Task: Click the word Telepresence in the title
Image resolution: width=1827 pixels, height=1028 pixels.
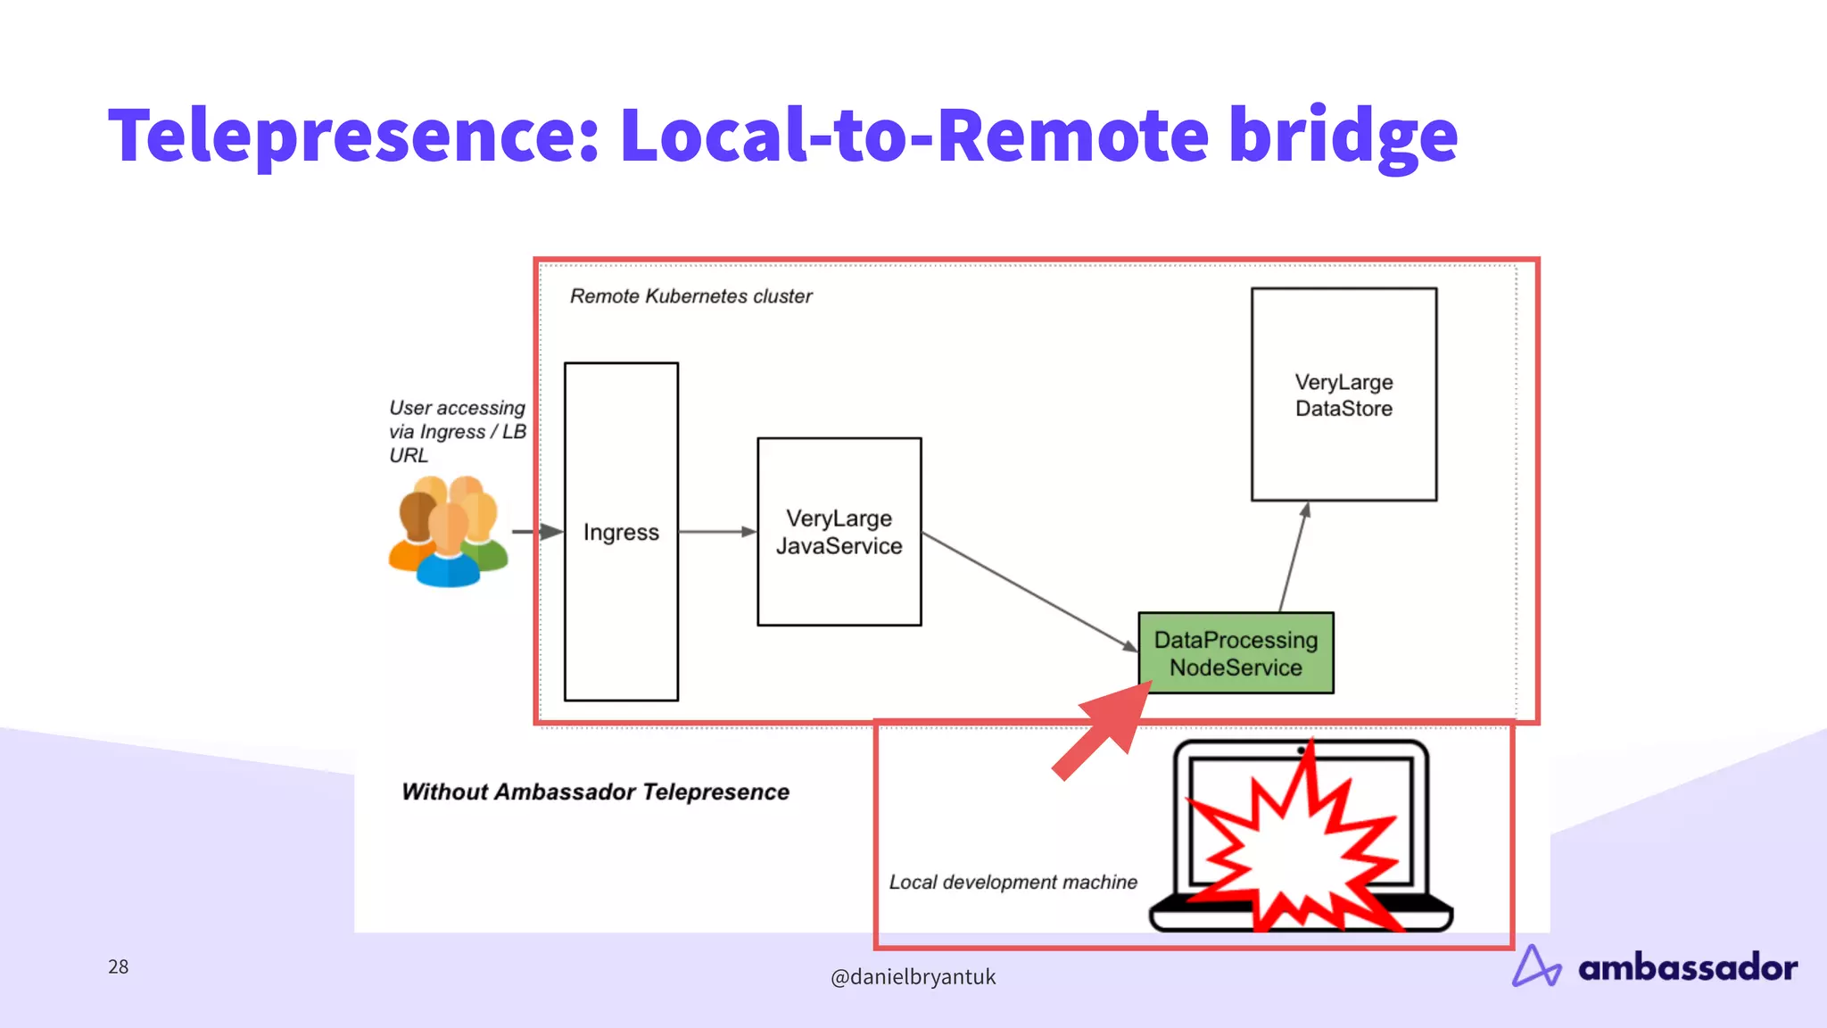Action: tap(352, 136)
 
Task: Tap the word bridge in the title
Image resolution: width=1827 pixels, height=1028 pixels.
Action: tap(1343, 136)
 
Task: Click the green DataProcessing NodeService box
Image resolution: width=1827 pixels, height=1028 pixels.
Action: tap(1236, 653)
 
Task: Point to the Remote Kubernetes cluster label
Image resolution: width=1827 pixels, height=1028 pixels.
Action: tap(690, 296)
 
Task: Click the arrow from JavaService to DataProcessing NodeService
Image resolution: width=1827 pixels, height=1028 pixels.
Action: tap(1026, 590)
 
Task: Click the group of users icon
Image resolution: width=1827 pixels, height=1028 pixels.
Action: tap(448, 532)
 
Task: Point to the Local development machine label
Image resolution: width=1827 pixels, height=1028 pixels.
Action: tap(1013, 882)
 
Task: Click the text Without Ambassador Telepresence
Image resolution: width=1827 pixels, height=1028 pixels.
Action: tap(595, 792)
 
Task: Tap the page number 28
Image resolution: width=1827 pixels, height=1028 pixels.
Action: tap(118, 966)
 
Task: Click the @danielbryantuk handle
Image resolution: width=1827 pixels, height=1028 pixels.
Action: tap(913, 977)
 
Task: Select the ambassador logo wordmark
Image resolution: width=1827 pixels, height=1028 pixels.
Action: tap(1687, 967)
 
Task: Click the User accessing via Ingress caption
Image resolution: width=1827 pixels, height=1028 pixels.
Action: tap(457, 432)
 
